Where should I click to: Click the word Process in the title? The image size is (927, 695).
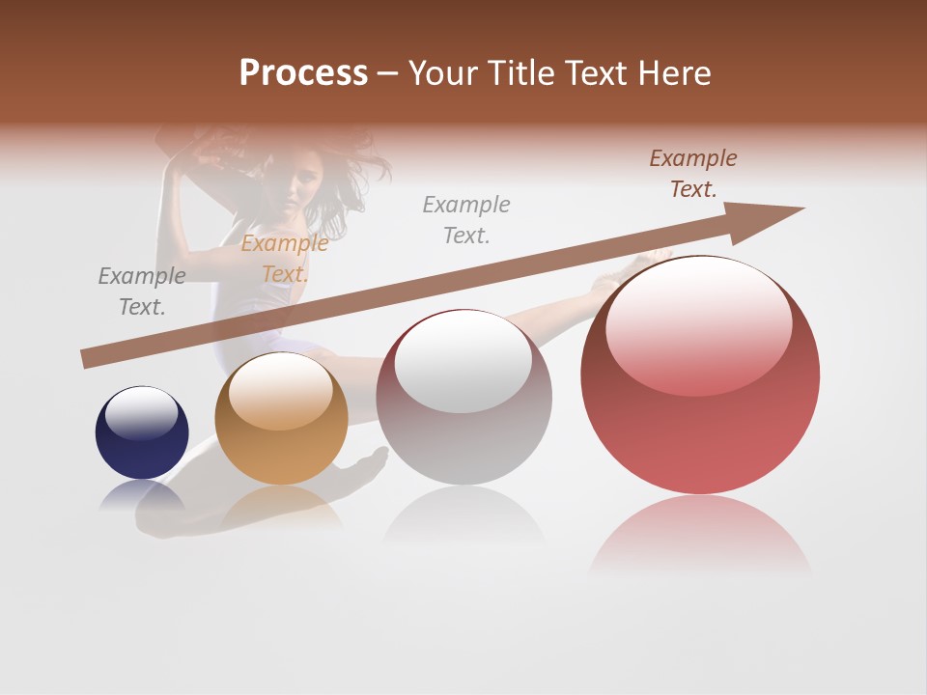tap(303, 73)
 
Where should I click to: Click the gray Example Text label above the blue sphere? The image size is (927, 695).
tap(142, 292)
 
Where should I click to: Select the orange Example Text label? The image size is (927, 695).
tap(285, 259)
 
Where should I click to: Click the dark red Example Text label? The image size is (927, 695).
tap(693, 174)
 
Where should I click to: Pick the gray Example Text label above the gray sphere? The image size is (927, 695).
tap(466, 219)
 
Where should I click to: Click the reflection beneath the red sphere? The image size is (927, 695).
tap(700, 536)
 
